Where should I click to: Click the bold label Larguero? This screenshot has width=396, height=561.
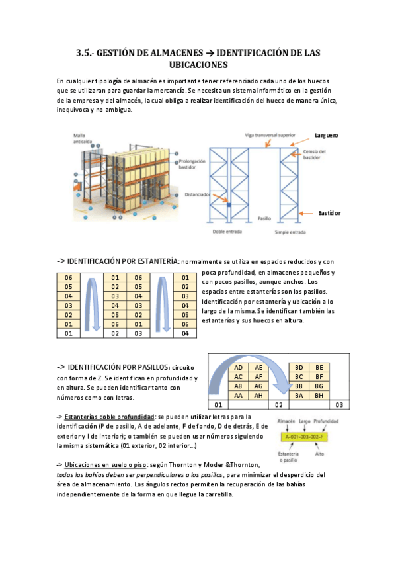coord(327,135)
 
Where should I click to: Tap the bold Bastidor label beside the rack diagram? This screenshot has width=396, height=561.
coord(329,213)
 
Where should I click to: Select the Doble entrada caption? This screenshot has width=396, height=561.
coord(227,232)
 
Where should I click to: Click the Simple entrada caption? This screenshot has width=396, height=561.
coord(290,232)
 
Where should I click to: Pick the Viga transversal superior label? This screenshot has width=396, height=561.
coord(270,135)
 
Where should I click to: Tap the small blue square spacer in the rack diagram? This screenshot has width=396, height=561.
coord(229,205)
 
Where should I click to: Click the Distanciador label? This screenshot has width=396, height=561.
coord(197,194)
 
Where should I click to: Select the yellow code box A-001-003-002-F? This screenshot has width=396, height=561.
coord(305,437)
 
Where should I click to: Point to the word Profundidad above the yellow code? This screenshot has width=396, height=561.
coord(326,421)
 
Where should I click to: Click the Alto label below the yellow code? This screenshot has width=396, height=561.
coord(319,454)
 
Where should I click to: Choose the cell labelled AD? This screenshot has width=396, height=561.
coord(239,367)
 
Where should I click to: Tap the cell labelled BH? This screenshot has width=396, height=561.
coord(319,396)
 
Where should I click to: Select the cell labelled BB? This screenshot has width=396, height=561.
coord(299,386)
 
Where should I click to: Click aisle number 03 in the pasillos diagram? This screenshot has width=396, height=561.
coord(339,405)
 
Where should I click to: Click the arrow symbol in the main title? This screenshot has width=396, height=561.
coord(210,53)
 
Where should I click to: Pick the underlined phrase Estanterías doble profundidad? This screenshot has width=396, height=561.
coord(109,417)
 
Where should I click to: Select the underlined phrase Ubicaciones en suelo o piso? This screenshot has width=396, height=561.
coord(105,465)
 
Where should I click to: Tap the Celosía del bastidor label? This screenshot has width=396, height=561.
coord(315,155)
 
